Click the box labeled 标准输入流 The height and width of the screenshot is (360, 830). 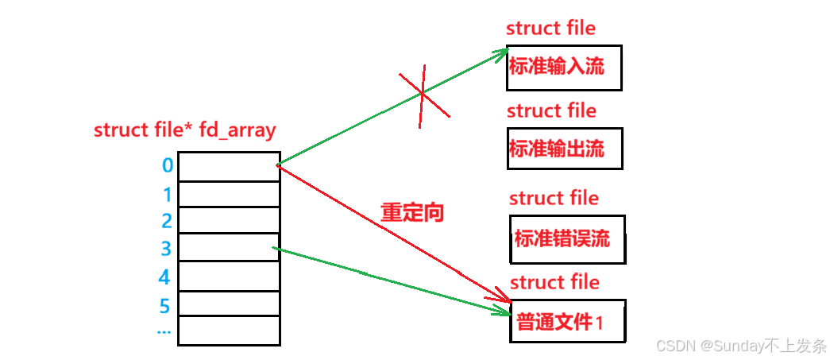563,68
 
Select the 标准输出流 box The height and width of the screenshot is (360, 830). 565,149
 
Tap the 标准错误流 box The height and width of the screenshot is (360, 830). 567,238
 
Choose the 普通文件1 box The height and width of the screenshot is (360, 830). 567,321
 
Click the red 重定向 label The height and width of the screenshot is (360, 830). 412,213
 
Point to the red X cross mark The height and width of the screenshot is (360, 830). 423,95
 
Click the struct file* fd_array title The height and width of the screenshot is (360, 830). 185,130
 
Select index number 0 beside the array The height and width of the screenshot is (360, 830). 167,166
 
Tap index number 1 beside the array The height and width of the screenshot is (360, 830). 167,194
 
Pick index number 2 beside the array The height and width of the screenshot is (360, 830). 167,221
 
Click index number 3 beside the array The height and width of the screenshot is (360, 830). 166,249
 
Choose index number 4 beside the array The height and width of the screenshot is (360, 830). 165,277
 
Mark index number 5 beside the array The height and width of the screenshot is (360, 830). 165,305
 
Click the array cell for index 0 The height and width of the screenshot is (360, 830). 229,167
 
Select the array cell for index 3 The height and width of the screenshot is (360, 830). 229,247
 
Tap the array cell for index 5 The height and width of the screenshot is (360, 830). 229,304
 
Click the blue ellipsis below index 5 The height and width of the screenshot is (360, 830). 164,331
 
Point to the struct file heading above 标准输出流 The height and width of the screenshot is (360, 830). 551,110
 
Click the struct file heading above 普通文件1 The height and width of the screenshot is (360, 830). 554,282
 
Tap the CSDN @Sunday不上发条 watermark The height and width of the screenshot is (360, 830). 741,346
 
